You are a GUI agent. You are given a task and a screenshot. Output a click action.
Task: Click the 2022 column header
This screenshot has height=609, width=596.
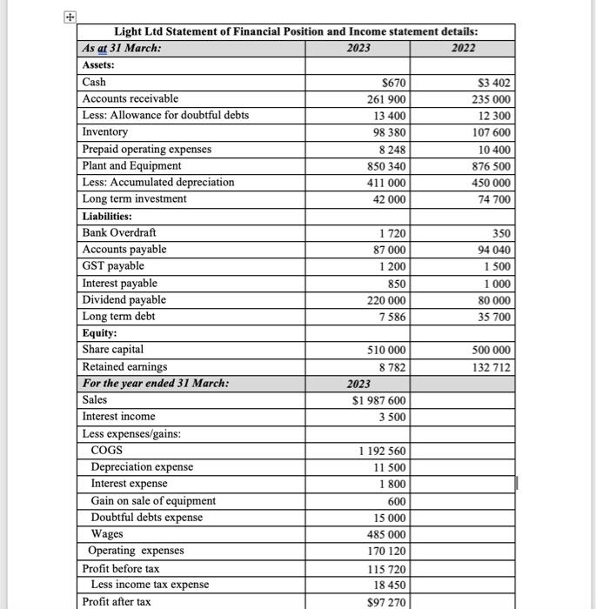[x=463, y=48]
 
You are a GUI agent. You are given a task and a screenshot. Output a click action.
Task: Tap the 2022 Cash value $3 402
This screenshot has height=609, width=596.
[x=494, y=83]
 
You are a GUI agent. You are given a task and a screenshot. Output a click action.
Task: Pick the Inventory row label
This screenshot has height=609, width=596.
[x=104, y=132]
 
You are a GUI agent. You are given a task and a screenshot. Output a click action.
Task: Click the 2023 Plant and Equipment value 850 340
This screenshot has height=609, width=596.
[x=386, y=166]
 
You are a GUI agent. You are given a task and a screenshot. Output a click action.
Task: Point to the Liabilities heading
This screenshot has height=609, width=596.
[x=107, y=217]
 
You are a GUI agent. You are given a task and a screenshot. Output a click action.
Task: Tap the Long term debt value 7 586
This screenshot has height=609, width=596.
[x=392, y=317]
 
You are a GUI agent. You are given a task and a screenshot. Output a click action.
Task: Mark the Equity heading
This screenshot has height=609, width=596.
[x=100, y=333]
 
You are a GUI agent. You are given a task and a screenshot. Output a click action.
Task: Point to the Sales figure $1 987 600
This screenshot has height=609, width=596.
[x=379, y=400]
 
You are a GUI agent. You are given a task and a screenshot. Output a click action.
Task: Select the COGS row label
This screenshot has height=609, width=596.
[x=106, y=451]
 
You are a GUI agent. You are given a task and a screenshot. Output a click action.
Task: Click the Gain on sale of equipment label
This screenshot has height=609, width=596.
[x=153, y=501]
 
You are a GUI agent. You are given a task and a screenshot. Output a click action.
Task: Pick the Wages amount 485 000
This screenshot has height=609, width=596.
[x=386, y=534]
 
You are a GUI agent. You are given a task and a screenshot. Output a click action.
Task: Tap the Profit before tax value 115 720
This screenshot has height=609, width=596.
[x=386, y=568]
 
